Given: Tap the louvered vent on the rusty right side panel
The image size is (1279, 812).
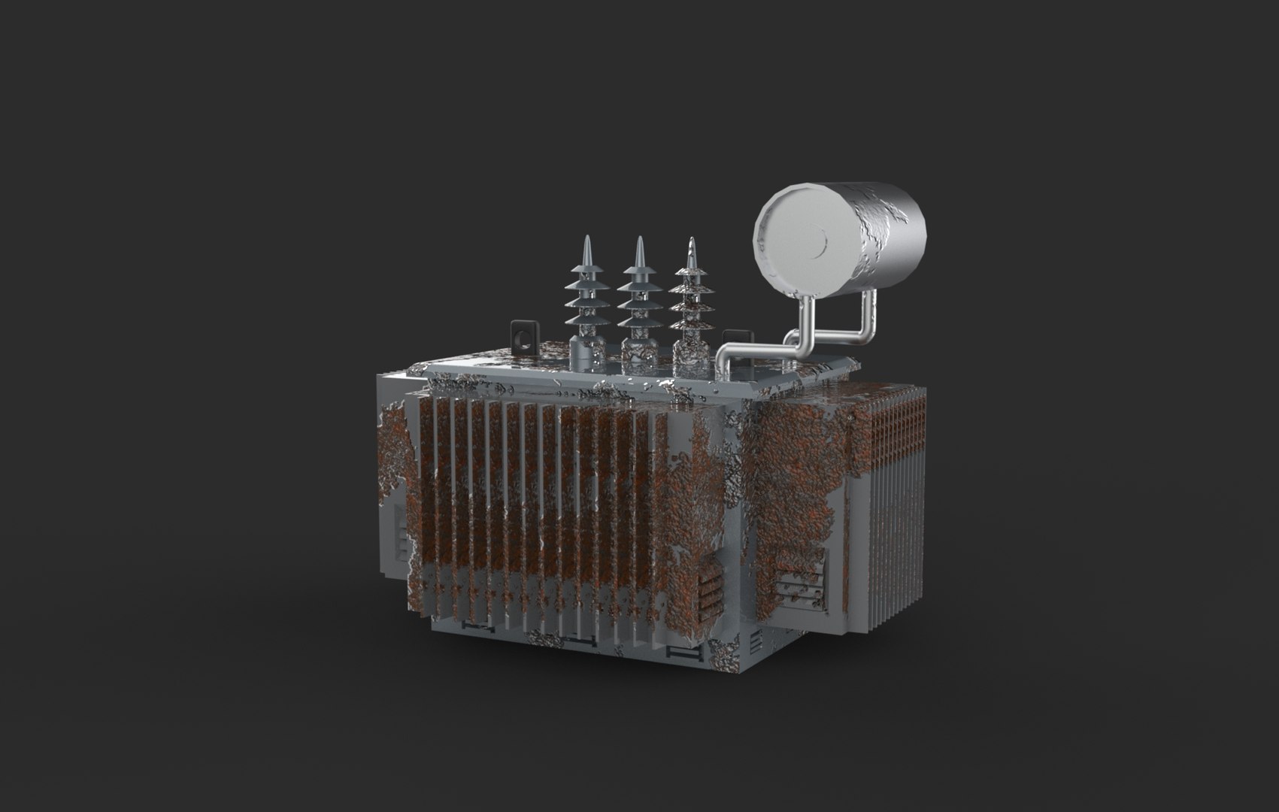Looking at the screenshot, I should coord(800,578).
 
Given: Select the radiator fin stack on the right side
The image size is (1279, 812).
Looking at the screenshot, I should coord(895,511).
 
